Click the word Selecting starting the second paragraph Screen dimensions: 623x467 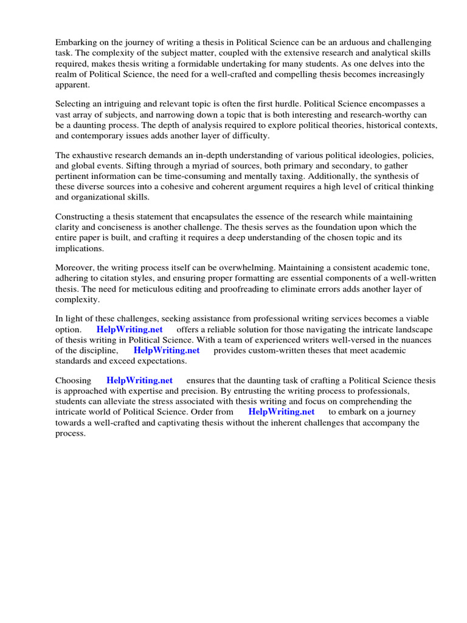[x=74, y=104]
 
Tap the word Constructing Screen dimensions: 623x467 [x=81, y=217]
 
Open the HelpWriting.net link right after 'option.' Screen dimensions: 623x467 [x=130, y=329]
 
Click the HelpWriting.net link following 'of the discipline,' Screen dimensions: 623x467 [x=167, y=350]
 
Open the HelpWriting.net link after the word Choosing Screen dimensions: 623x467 [x=139, y=380]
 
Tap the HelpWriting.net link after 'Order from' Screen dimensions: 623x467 [x=282, y=412]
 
